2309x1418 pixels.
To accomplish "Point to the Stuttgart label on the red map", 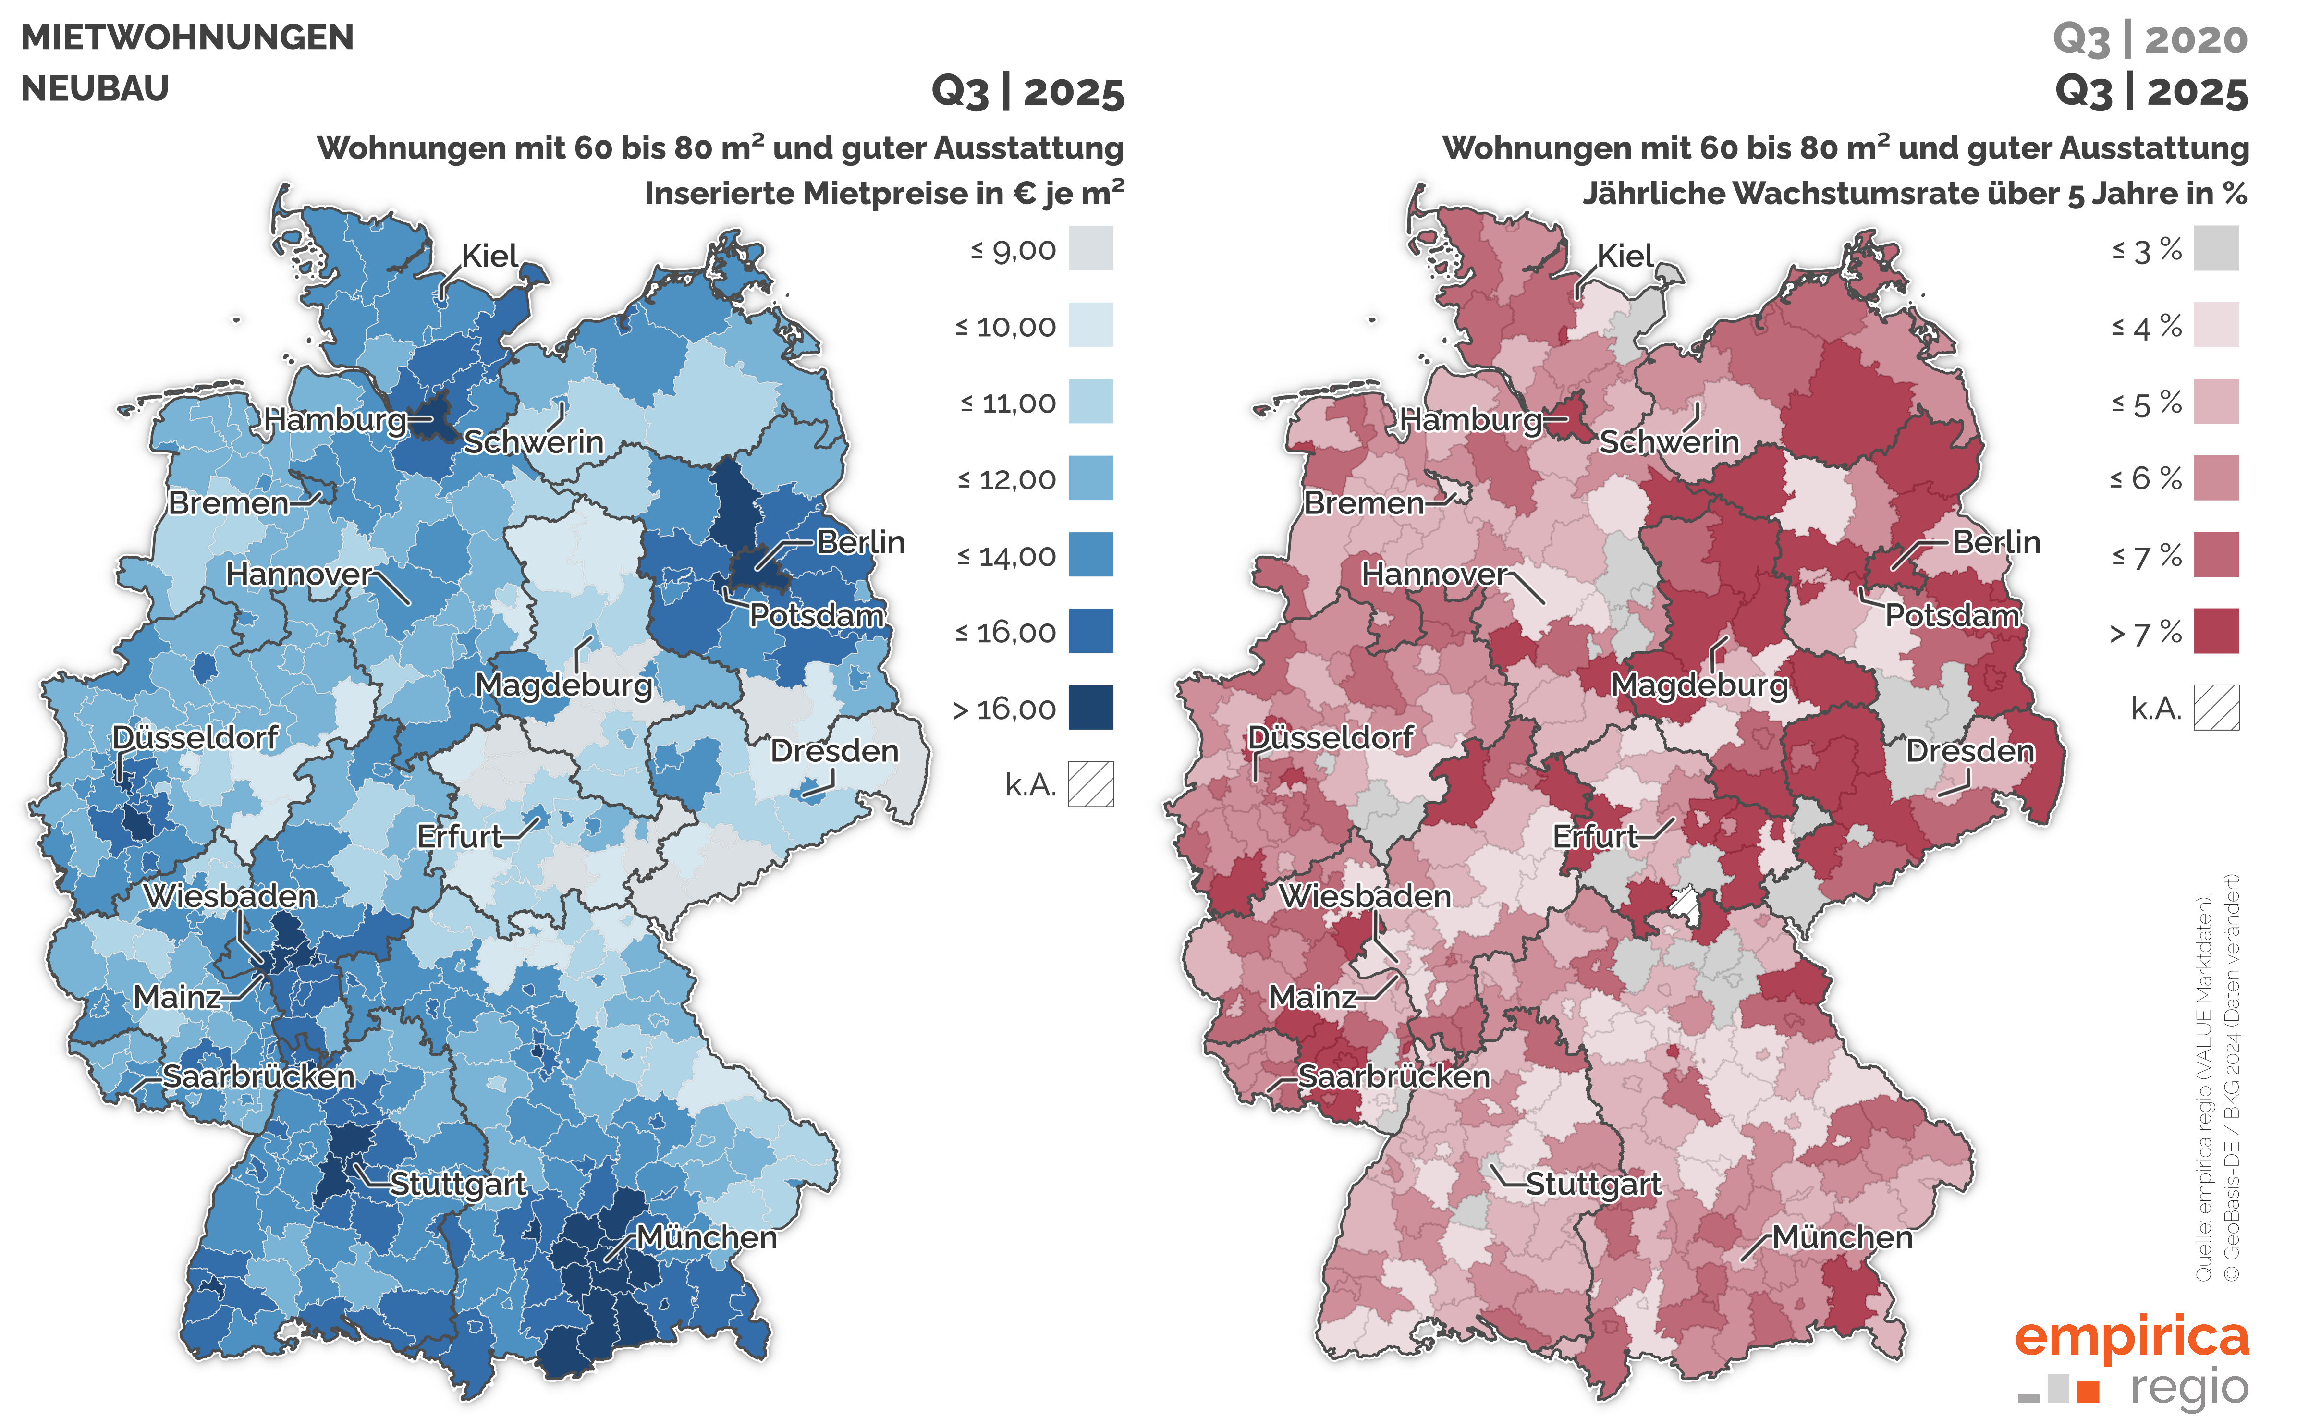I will (1593, 1184).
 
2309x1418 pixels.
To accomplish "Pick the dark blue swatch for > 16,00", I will (1091, 708).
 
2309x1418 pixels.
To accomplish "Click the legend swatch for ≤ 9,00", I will (1091, 249).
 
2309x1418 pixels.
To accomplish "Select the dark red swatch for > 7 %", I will (2216, 632).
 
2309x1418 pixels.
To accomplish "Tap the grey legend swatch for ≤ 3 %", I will (2216, 249).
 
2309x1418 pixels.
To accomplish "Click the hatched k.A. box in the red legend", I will (2216, 708).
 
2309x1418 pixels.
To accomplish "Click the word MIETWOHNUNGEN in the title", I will (187, 37).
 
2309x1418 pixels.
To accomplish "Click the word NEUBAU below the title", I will (95, 89).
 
